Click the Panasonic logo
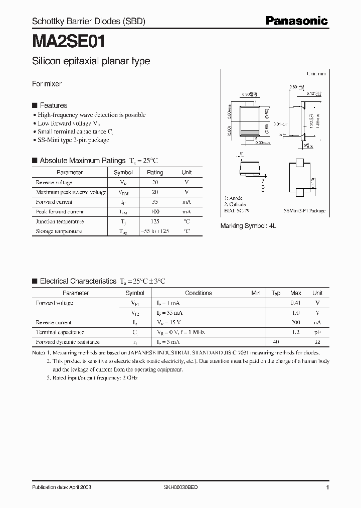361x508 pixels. pos(296,21)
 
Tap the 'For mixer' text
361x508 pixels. pos(47,84)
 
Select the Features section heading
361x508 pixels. pos(53,105)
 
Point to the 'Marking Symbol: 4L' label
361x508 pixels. pos(248,226)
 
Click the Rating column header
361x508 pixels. pos(155,172)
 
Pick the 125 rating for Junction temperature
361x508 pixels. pos(155,221)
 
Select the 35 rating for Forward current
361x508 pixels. pos(155,202)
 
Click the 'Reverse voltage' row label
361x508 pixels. pos(54,182)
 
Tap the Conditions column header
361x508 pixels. pos(199,293)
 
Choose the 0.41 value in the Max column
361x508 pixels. pos(296,303)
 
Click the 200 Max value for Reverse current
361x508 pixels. pos(296,323)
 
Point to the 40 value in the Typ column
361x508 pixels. pos(276,342)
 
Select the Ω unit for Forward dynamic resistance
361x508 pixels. pos(317,342)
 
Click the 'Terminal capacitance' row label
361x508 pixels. pos(60,332)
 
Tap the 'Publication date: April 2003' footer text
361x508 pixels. pos(62,487)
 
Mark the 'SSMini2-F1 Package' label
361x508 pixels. pos(304,211)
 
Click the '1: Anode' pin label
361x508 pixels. pos(233,198)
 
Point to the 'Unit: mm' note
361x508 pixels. pos(316,73)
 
